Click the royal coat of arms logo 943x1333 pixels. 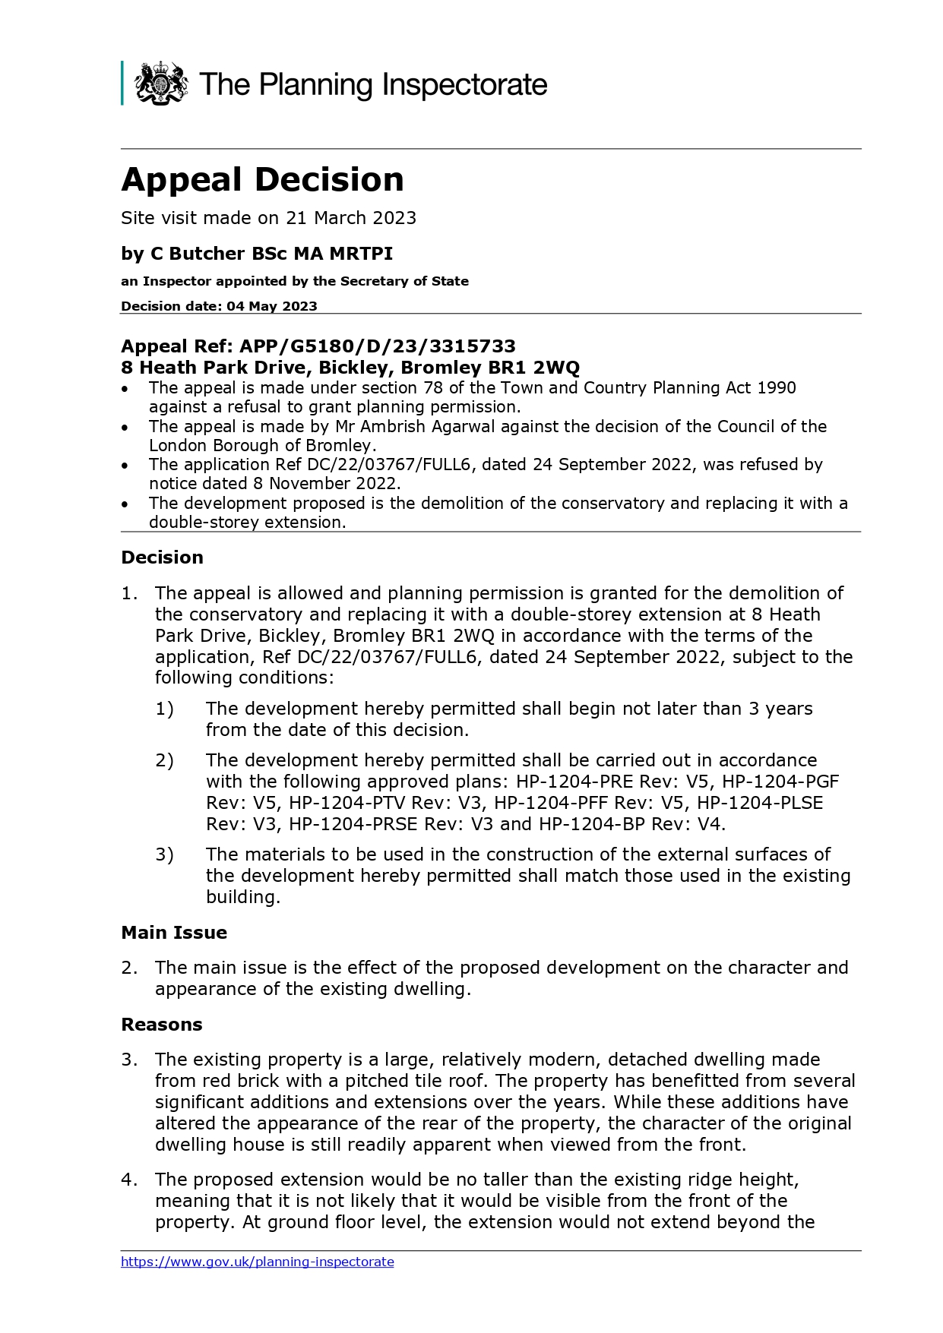point(161,84)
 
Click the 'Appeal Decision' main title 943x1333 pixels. point(262,180)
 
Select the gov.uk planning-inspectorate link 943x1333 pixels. point(257,1262)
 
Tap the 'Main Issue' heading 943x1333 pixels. point(174,933)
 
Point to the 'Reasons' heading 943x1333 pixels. point(162,1025)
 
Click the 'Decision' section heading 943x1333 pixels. point(162,558)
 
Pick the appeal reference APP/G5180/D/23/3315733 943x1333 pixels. point(378,346)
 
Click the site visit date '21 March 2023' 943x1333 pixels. point(351,218)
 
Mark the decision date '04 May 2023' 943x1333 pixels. point(272,306)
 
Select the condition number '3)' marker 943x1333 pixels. point(164,854)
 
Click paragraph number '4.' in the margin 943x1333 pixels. point(129,1180)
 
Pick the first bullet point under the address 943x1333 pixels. point(125,388)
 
